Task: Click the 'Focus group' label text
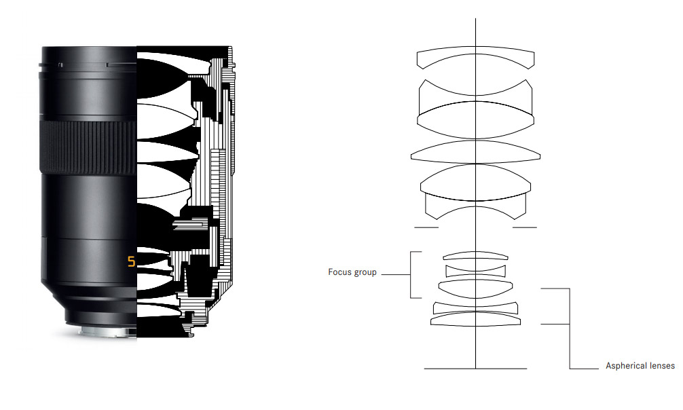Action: point(352,273)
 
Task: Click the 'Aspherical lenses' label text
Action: point(640,366)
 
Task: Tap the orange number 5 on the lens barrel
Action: point(131,261)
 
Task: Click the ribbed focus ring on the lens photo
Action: point(88,146)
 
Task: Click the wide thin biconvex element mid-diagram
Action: point(475,152)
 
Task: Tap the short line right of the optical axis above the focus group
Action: point(524,227)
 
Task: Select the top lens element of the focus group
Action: point(475,255)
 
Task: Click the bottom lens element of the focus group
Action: point(475,287)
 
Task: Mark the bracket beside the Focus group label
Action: point(411,274)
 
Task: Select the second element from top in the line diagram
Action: point(475,91)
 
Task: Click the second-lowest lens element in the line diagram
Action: point(475,305)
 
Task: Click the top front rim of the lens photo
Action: point(88,50)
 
